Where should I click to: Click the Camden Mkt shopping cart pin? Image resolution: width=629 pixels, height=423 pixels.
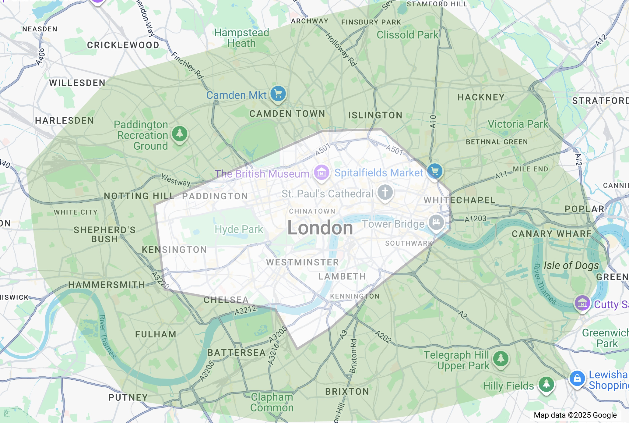[278, 94]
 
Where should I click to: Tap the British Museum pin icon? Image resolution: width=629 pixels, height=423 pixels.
[322, 173]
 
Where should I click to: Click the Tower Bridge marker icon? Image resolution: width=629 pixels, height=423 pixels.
[436, 222]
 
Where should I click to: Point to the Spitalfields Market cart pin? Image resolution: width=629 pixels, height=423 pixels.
[435, 171]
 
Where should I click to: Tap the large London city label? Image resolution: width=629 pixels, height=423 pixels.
[320, 228]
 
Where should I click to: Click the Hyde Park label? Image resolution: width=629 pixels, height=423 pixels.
[239, 229]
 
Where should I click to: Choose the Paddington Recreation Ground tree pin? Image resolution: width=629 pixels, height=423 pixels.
[180, 133]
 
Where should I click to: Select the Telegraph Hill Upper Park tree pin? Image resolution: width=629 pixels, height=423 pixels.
[501, 359]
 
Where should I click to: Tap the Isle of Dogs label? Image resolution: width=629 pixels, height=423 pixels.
[571, 265]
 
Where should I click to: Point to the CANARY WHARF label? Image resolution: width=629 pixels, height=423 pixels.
[552, 234]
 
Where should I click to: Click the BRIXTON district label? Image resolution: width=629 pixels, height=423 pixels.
[347, 392]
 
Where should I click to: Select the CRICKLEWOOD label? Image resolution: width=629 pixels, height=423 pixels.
[123, 45]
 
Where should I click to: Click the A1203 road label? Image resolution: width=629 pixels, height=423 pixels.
[475, 219]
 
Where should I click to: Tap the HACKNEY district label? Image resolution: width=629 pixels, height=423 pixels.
[481, 98]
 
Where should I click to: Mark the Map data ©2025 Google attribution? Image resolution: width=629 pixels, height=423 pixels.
[575, 415]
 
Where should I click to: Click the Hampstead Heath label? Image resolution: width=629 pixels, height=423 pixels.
[241, 38]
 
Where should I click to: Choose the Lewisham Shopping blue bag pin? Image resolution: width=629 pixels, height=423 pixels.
[577, 379]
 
